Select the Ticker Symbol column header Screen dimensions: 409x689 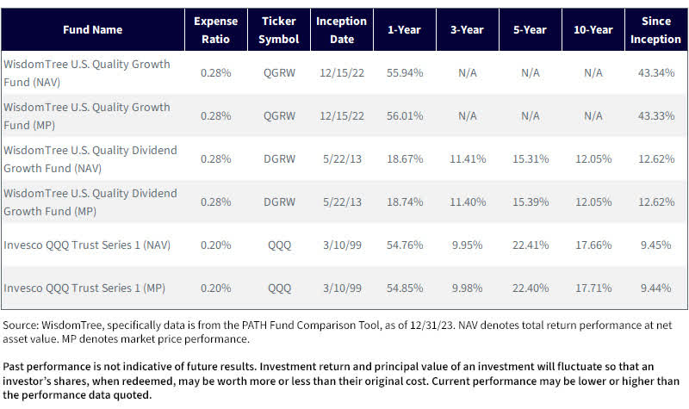click(279, 29)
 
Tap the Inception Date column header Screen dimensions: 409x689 click(341, 29)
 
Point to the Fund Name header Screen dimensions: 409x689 click(92, 29)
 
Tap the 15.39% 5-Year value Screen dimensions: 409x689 click(530, 202)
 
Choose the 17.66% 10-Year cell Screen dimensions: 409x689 click(593, 245)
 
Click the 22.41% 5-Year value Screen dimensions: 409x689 click(530, 245)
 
